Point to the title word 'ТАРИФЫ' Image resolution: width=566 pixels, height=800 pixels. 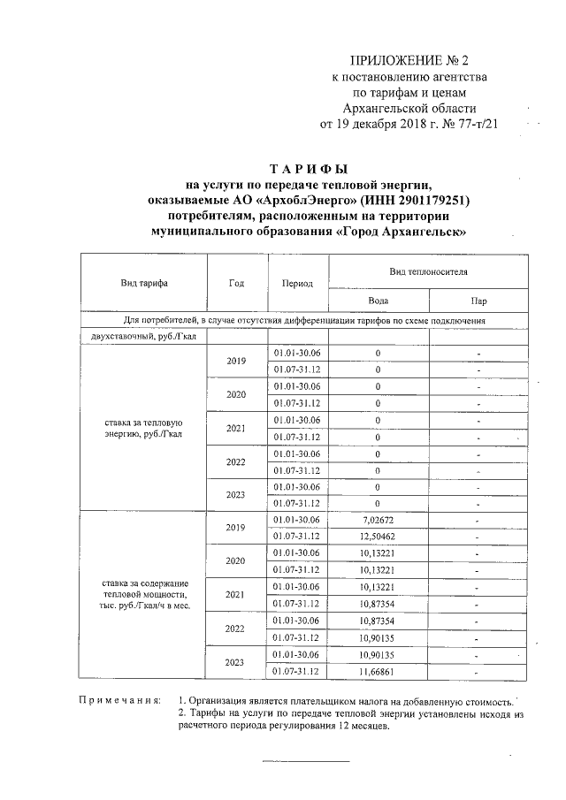point(309,169)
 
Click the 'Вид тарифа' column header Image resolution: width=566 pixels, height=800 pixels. point(144,283)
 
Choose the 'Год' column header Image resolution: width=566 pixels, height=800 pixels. point(235,283)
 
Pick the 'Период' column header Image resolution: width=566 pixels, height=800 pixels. point(297,284)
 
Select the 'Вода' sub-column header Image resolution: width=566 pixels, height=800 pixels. point(378,300)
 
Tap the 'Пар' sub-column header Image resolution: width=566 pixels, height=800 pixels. point(478,300)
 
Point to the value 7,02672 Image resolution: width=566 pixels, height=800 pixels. point(378,519)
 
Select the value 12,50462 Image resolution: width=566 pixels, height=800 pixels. point(378,536)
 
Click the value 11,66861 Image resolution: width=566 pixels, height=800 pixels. point(378,671)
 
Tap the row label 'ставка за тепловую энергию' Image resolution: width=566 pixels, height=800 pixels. point(143,428)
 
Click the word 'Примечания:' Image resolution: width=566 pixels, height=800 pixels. point(119,700)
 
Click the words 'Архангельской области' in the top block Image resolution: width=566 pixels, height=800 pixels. point(409,108)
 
